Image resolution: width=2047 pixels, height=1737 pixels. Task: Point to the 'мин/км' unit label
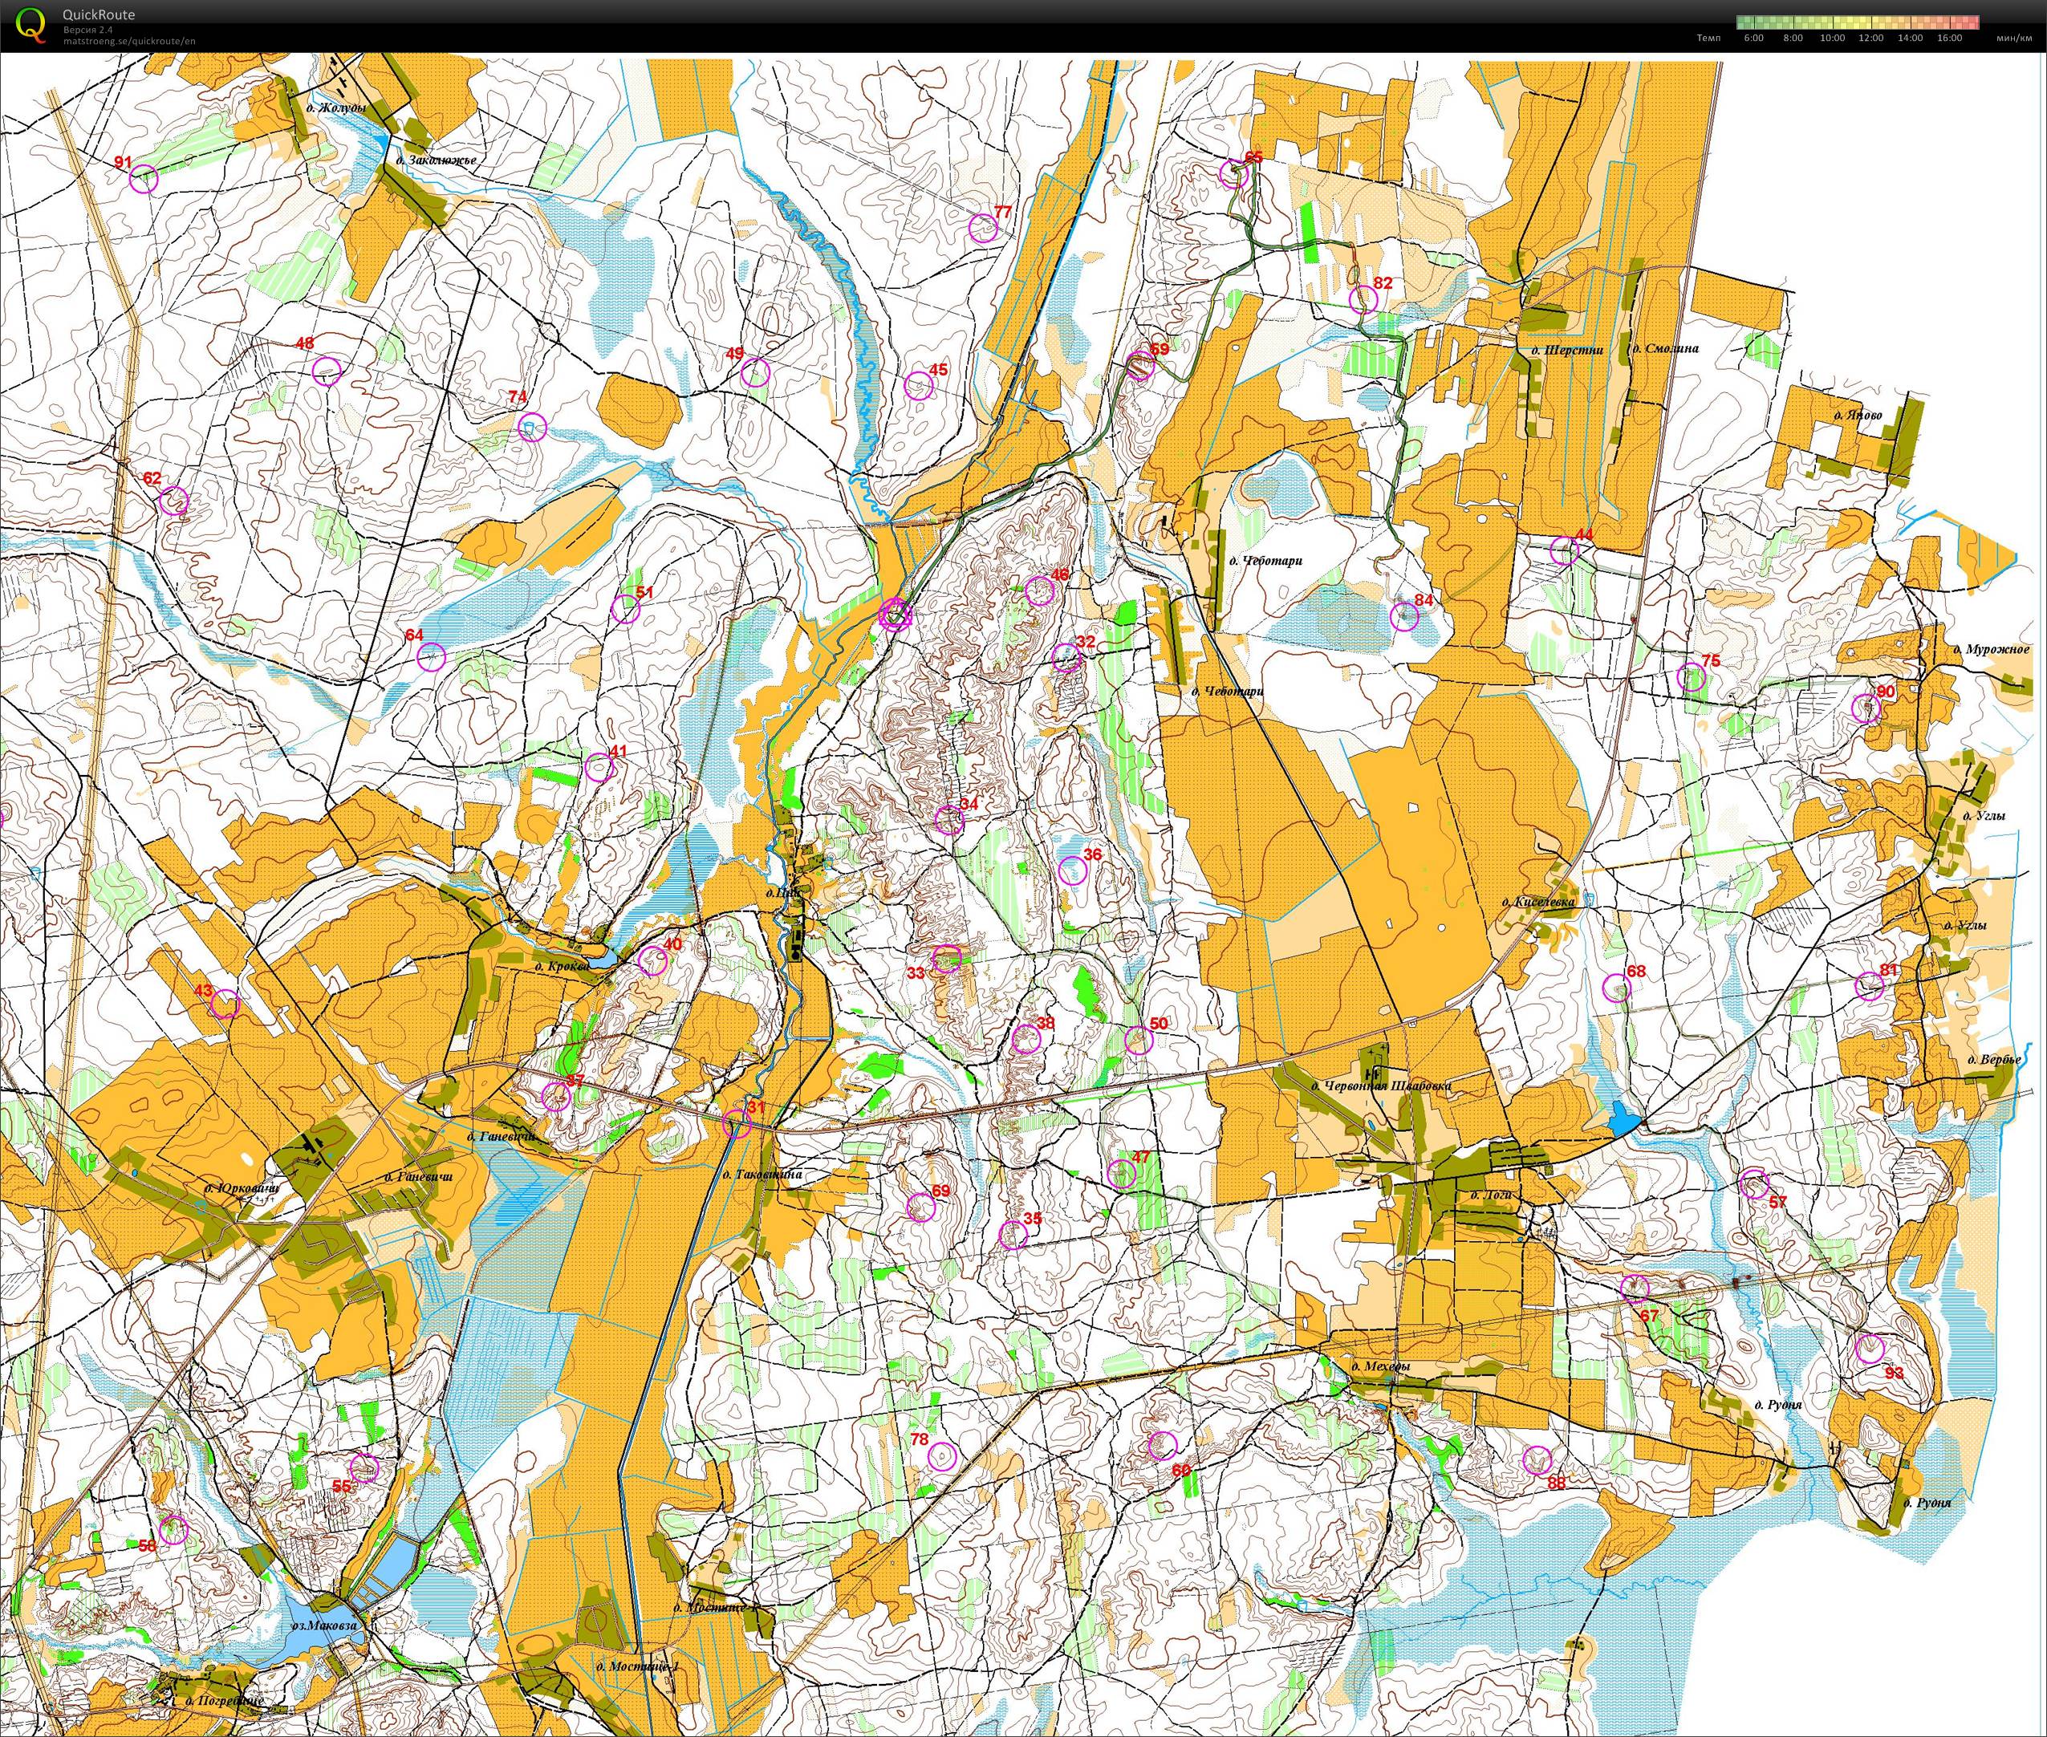[2013, 39]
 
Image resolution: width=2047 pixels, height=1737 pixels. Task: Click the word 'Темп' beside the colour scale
[1708, 39]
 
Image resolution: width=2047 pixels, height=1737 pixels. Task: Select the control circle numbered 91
[144, 179]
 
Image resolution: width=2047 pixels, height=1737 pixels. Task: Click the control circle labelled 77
[983, 229]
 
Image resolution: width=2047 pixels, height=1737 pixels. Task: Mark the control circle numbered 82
[1363, 299]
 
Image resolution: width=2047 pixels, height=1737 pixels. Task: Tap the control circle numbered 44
[1564, 550]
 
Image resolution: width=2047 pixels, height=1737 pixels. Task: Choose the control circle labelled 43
[225, 1004]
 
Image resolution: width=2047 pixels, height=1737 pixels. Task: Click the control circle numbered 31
[737, 1123]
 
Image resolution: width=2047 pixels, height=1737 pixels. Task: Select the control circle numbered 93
[1870, 1349]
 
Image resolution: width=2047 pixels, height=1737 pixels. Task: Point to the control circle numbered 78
[942, 1456]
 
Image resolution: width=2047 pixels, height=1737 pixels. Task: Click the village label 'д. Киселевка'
[1538, 901]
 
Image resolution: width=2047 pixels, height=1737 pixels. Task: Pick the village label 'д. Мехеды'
[1380, 1368]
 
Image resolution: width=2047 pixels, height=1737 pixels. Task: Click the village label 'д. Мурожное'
[1990, 650]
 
